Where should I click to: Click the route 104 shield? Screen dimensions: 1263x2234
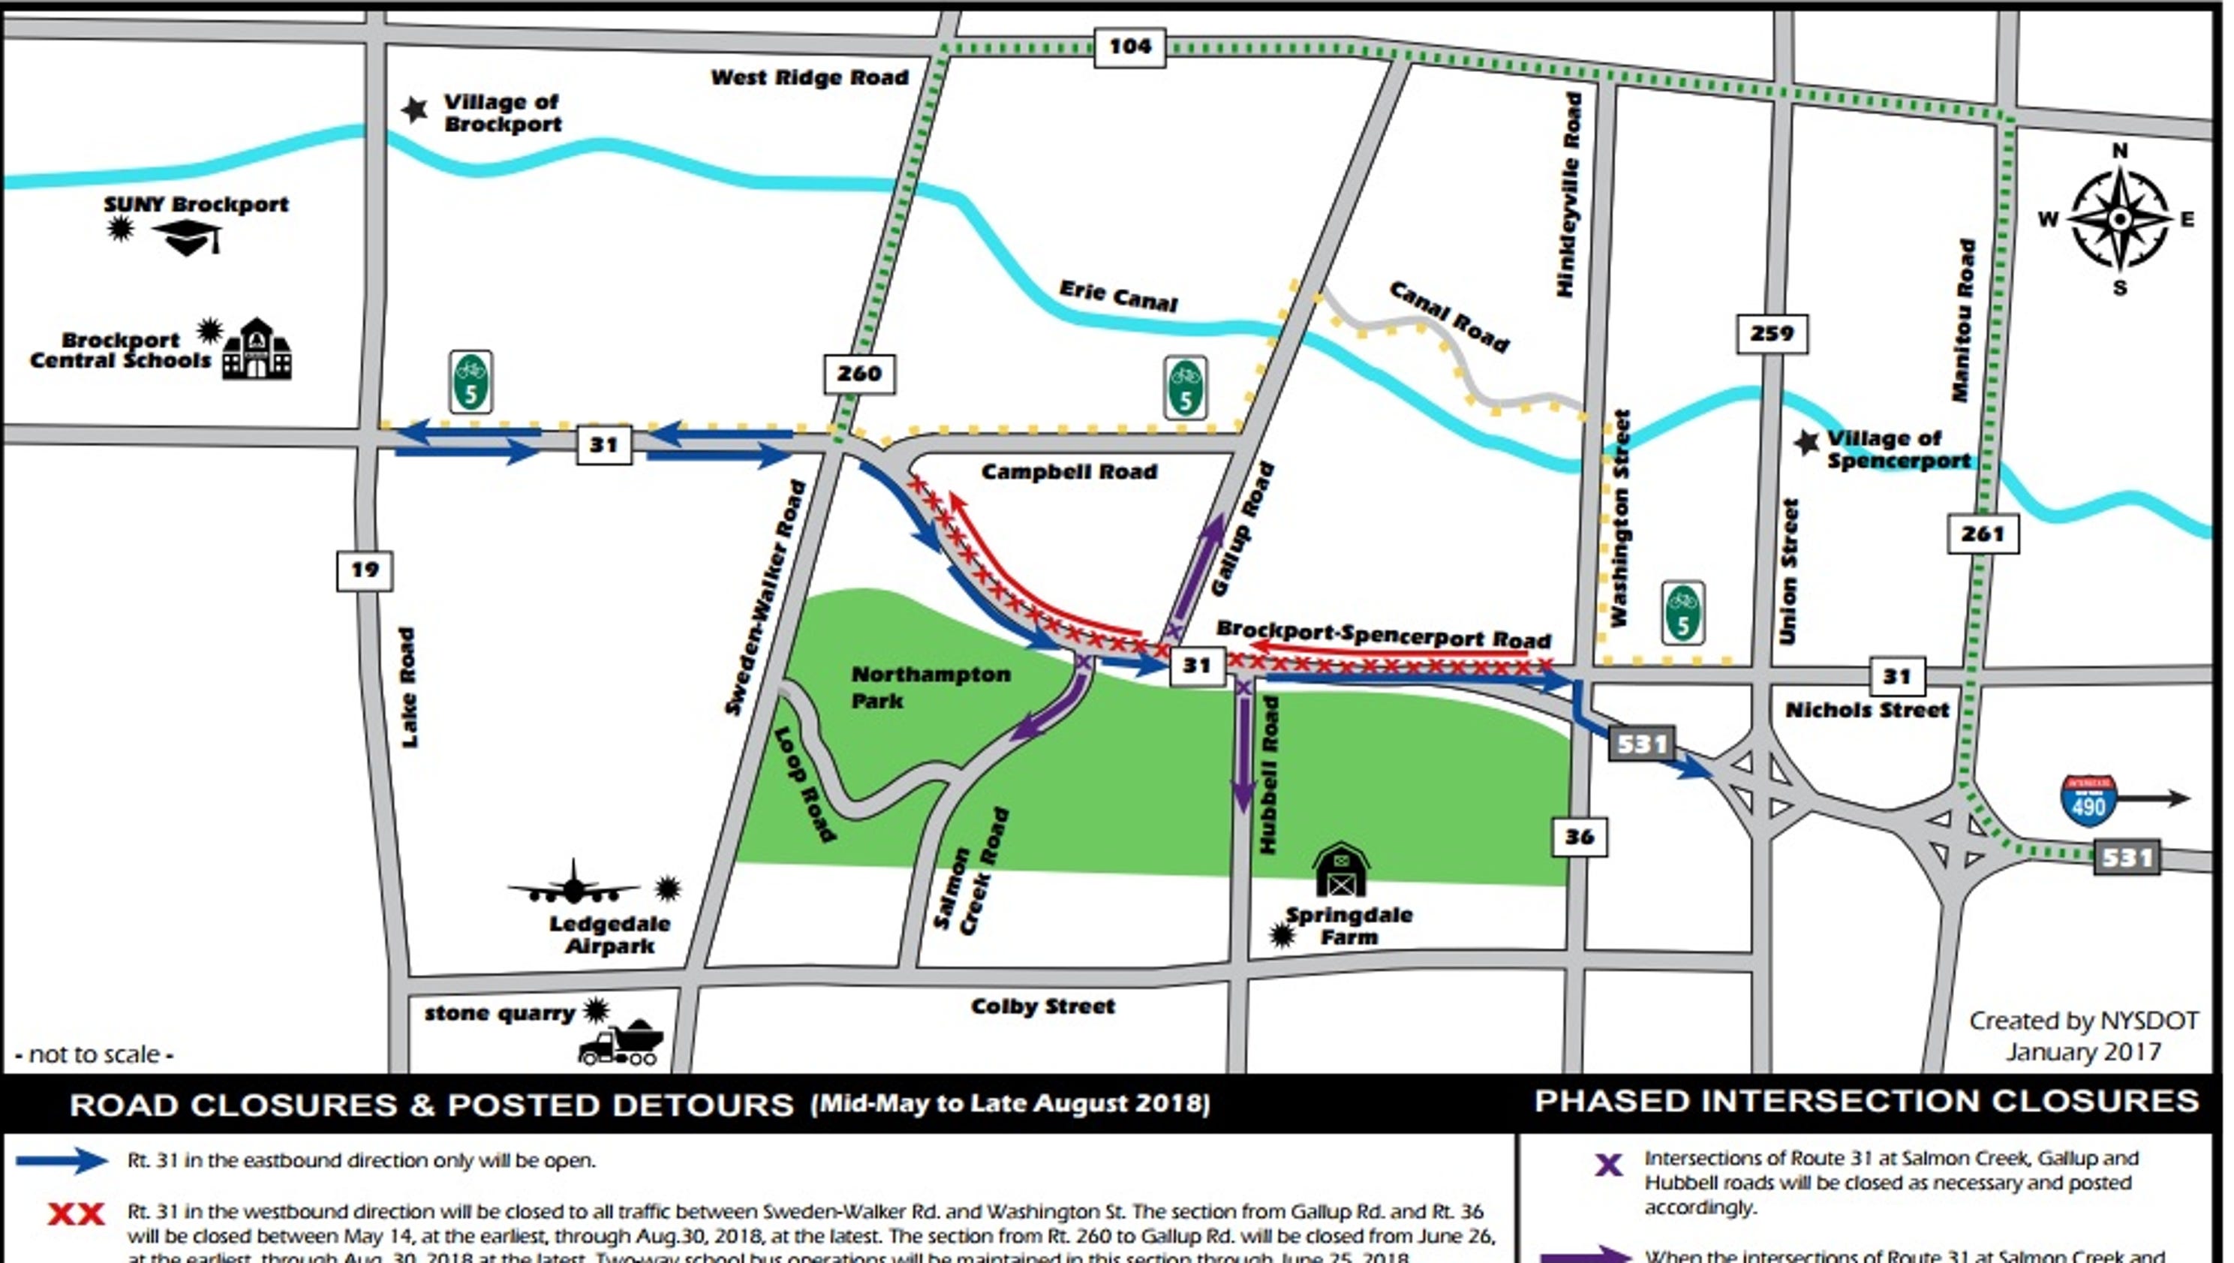pos(1129,46)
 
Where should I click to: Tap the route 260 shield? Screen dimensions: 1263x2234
pos(858,374)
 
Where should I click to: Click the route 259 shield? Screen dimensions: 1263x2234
pos(1771,334)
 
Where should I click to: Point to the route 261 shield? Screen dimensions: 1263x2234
pos(1983,533)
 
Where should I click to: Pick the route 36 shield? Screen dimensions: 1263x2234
pos(1578,837)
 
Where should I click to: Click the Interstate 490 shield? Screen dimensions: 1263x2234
pos(2088,801)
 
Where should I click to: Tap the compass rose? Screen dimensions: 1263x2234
pos(2118,219)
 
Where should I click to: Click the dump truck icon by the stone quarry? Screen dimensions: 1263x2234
pos(620,1042)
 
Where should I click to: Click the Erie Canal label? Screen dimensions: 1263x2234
pos(1118,296)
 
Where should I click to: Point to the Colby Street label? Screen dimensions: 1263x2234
pos(1042,1007)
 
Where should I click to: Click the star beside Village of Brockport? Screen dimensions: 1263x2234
pos(414,110)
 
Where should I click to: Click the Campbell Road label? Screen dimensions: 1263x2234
pos(1069,472)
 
